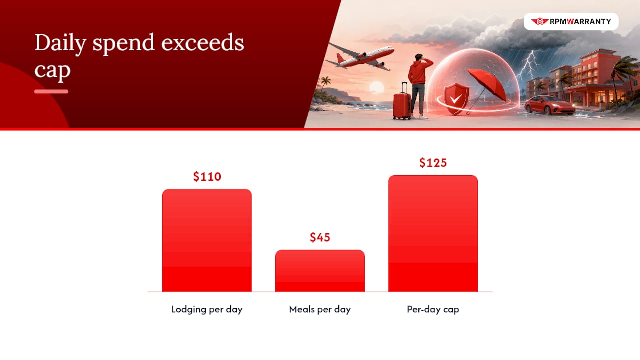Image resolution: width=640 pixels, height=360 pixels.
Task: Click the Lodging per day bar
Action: click(207, 240)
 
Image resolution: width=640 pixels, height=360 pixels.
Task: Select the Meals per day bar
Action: click(320, 271)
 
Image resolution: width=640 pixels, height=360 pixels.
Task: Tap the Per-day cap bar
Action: click(433, 233)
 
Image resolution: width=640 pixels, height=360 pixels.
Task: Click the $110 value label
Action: click(207, 177)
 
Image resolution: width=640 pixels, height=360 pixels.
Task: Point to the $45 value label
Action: click(320, 237)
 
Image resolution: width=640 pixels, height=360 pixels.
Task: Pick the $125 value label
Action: click(433, 163)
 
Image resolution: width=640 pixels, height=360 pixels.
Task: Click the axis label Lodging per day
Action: click(207, 309)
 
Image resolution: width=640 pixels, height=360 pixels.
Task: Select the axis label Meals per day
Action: click(320, 309)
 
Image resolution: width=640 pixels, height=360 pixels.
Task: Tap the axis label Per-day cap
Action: click(433, 309)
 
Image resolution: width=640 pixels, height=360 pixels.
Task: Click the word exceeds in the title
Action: click(203, 43)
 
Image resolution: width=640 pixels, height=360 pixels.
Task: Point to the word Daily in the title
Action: click(60, 43)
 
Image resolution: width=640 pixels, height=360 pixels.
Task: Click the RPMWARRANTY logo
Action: click(571, 21)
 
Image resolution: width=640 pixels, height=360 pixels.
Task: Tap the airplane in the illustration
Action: click(360, 57)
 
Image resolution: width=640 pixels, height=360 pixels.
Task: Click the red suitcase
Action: click(402, 102)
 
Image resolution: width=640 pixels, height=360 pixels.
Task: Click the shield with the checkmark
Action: click(456, 99)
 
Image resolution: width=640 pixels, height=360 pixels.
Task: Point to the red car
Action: click(550, 105)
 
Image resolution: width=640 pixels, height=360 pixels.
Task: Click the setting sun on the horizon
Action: click(377, 87)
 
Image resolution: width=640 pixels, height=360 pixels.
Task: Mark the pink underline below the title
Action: click(51, 91)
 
